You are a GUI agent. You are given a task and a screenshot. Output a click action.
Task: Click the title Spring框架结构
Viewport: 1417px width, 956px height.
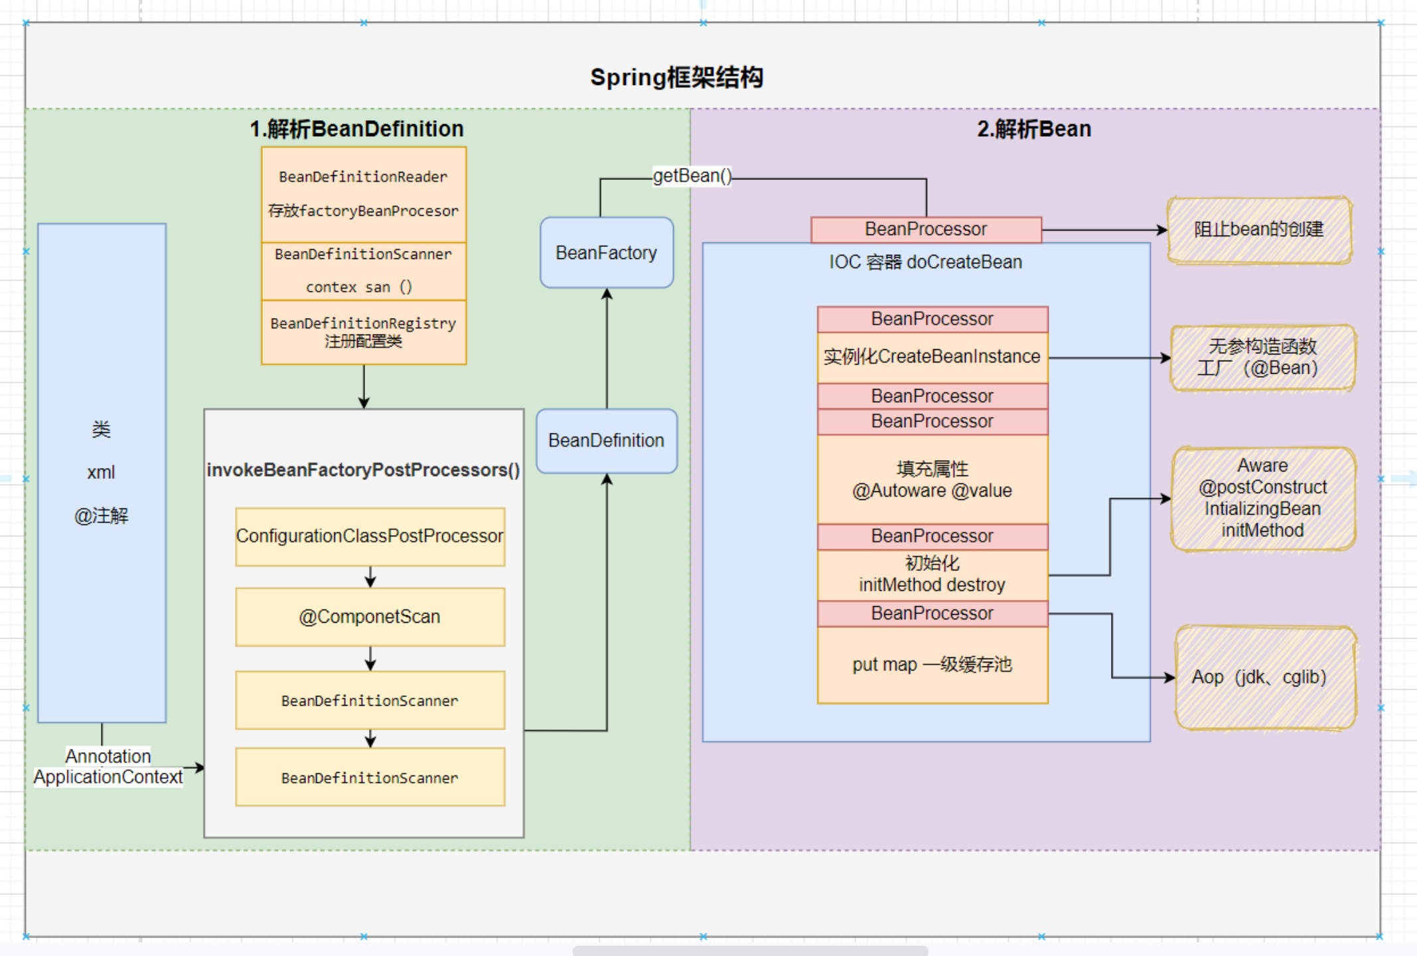click(x=676, y=78)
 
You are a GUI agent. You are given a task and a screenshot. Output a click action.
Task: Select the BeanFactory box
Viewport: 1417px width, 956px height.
click(x=606, y=253)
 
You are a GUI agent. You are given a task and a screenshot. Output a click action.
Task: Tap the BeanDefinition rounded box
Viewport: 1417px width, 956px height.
click(x=606, y=441)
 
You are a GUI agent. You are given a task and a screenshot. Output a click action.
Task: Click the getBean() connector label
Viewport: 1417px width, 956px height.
click(x=692, y=176)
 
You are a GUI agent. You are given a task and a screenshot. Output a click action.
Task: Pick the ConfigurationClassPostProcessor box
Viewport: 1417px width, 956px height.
click(x=370, y=536)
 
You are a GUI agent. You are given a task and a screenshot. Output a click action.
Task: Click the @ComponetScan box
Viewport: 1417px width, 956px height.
click(x=370, y=617)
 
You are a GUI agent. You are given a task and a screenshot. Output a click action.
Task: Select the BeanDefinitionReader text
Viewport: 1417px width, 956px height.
click(x=363, y=177)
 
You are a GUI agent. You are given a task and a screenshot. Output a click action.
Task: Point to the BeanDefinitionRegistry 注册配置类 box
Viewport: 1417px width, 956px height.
click(x=363, y=333)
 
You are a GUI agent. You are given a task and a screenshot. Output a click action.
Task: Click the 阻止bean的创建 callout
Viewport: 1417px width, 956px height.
click(x=1258, y=230)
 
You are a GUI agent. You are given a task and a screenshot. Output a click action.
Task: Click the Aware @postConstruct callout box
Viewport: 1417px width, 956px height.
click(x=1262, y=498)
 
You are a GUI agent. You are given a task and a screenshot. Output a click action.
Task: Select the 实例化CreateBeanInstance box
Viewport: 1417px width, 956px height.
click(x=932, y=357)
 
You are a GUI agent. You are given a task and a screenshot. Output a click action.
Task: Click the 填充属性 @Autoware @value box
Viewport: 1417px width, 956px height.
click(x=932, y=479)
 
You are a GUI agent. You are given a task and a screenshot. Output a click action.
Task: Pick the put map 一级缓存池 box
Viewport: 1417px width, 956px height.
click(x=932, y=665)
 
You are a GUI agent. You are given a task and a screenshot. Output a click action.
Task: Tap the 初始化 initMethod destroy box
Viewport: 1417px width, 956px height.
click(x=932, y=574)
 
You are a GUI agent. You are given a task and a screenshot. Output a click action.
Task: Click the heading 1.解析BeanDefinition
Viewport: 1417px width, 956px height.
click(x=356, y=129)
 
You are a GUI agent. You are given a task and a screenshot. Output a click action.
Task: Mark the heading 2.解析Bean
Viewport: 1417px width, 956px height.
click(x=1034, y=129)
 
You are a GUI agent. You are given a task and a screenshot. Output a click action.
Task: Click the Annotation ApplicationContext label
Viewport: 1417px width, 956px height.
click(x=108, y=767)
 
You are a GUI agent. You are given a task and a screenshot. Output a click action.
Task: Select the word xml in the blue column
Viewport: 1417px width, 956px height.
click(x=101, y=473)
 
